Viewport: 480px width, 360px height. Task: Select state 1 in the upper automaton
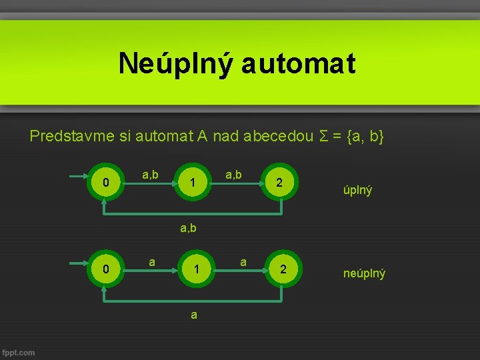coord(192,182)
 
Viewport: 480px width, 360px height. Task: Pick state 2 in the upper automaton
coord(280,182)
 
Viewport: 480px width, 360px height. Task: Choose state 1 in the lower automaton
coord(196,269)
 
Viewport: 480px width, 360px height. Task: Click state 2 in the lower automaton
coord(284,269)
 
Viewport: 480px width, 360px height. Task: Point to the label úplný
coord(358,190)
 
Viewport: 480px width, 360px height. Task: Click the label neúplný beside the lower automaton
coord(364,273)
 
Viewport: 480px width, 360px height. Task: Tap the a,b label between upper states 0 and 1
coord(150,175)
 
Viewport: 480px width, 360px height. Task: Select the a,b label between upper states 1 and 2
coord(233,175)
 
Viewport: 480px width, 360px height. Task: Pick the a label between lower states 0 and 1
coord(152,262)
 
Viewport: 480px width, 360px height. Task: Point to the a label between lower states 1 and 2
coord(243,262)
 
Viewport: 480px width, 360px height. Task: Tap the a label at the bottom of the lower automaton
coord(193,315)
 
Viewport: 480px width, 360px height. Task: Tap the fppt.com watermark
coord(19,352)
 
